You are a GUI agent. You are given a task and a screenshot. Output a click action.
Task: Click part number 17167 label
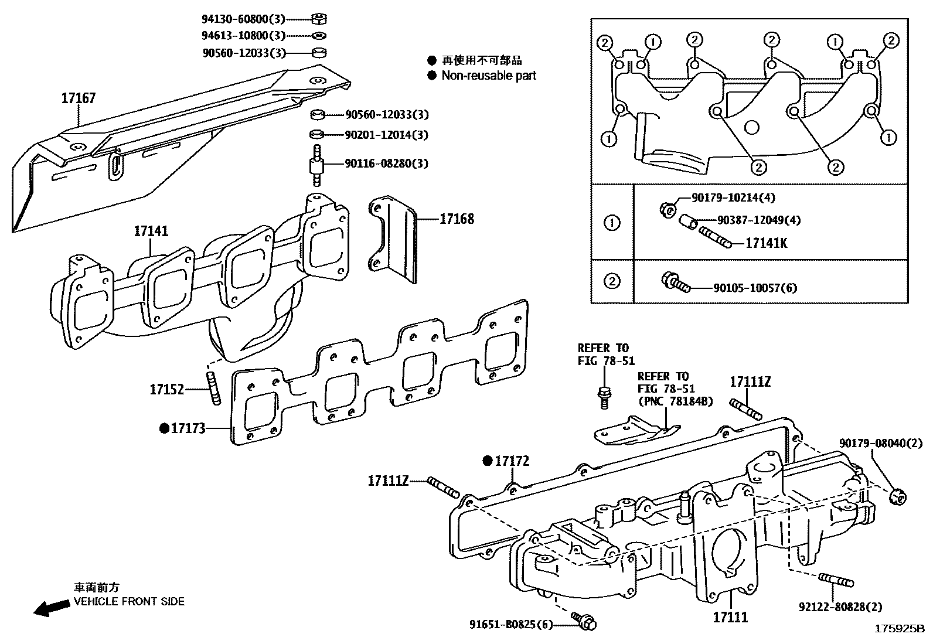point(78,98)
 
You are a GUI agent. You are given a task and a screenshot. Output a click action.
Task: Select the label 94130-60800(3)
point(244,19)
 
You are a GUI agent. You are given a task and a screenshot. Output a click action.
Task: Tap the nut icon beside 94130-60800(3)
point(320,19)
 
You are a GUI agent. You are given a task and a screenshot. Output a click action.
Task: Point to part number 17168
point(457,219)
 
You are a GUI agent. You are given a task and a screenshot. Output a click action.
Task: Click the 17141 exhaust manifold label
point(151,231)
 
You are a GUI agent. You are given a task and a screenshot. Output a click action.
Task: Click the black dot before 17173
point(164,429)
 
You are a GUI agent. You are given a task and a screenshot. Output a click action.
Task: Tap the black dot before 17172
point(487,461)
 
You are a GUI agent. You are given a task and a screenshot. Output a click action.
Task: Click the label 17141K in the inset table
point(766,243)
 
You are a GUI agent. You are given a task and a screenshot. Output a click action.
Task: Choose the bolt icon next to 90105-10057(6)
point(674,284)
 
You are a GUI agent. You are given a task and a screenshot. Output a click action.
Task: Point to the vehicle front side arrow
point(51,608)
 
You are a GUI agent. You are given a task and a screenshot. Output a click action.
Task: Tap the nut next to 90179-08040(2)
point(897,497)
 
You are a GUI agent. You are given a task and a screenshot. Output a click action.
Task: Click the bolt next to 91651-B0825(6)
point(583,622)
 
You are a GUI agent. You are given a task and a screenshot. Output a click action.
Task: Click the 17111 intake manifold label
point(730,617)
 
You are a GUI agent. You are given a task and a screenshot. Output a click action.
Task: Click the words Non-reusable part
point(489,76)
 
